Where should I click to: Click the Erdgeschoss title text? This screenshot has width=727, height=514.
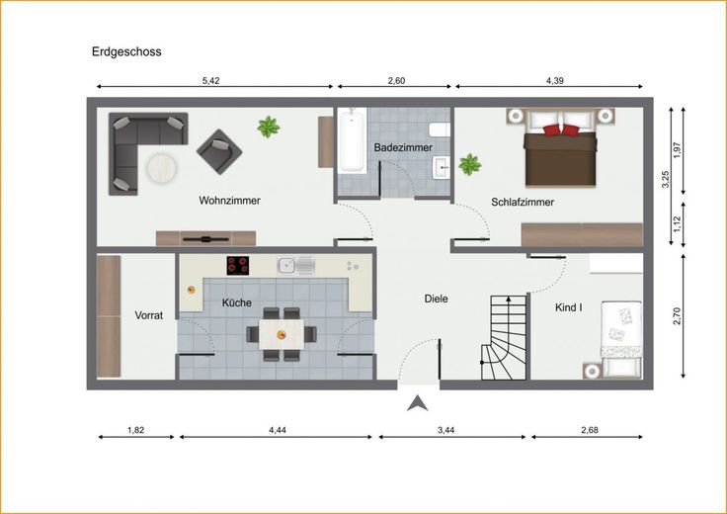pos(126,51)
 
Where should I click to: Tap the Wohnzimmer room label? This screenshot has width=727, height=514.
pos(229,201)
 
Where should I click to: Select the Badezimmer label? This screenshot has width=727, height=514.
pos(403,147)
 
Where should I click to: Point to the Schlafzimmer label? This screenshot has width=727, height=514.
pos(523,202)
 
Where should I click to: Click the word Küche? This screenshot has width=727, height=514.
pos(236,302)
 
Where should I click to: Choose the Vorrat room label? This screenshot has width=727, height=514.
pos(149,315)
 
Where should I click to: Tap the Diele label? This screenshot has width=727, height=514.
pos(437,299)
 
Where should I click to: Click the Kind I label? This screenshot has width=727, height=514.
pos(569,307)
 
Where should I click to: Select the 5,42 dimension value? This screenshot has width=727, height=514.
pos(211,81)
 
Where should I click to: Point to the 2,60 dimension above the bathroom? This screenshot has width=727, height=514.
pos(396,81)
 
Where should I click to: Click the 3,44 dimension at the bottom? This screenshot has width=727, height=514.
pos(446,430)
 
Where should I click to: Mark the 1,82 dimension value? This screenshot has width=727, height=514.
pos(136,430)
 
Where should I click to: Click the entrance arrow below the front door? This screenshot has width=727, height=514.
pos(418,403)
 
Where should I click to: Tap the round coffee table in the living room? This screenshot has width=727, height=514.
pos(162,167)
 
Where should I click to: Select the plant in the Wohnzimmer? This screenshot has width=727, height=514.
pos(269,127)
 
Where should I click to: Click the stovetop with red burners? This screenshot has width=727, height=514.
pos(238,265)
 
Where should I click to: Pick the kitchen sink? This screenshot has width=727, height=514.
pos(296,265)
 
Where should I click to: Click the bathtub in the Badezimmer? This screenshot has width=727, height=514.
pos(352,140)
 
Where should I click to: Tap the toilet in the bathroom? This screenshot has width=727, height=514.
pos(440,129)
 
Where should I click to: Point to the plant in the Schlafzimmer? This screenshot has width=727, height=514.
pos(470,164)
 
